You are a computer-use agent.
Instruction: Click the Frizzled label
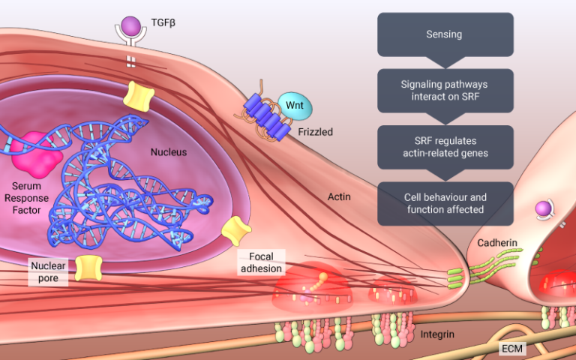tap(315, 131)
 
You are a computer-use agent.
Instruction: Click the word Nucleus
tap(168, 152)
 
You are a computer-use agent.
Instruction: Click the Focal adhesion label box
tap(261, 262)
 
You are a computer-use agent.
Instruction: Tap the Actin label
tap(340, 197)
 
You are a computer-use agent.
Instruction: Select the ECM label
tap(514, 349)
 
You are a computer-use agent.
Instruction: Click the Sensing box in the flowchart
tap(444, 34)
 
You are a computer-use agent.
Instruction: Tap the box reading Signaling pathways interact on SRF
tap(444, 91)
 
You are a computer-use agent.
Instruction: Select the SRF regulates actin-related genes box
tap(444, 147)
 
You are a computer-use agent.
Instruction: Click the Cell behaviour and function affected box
tap(444, 203)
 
